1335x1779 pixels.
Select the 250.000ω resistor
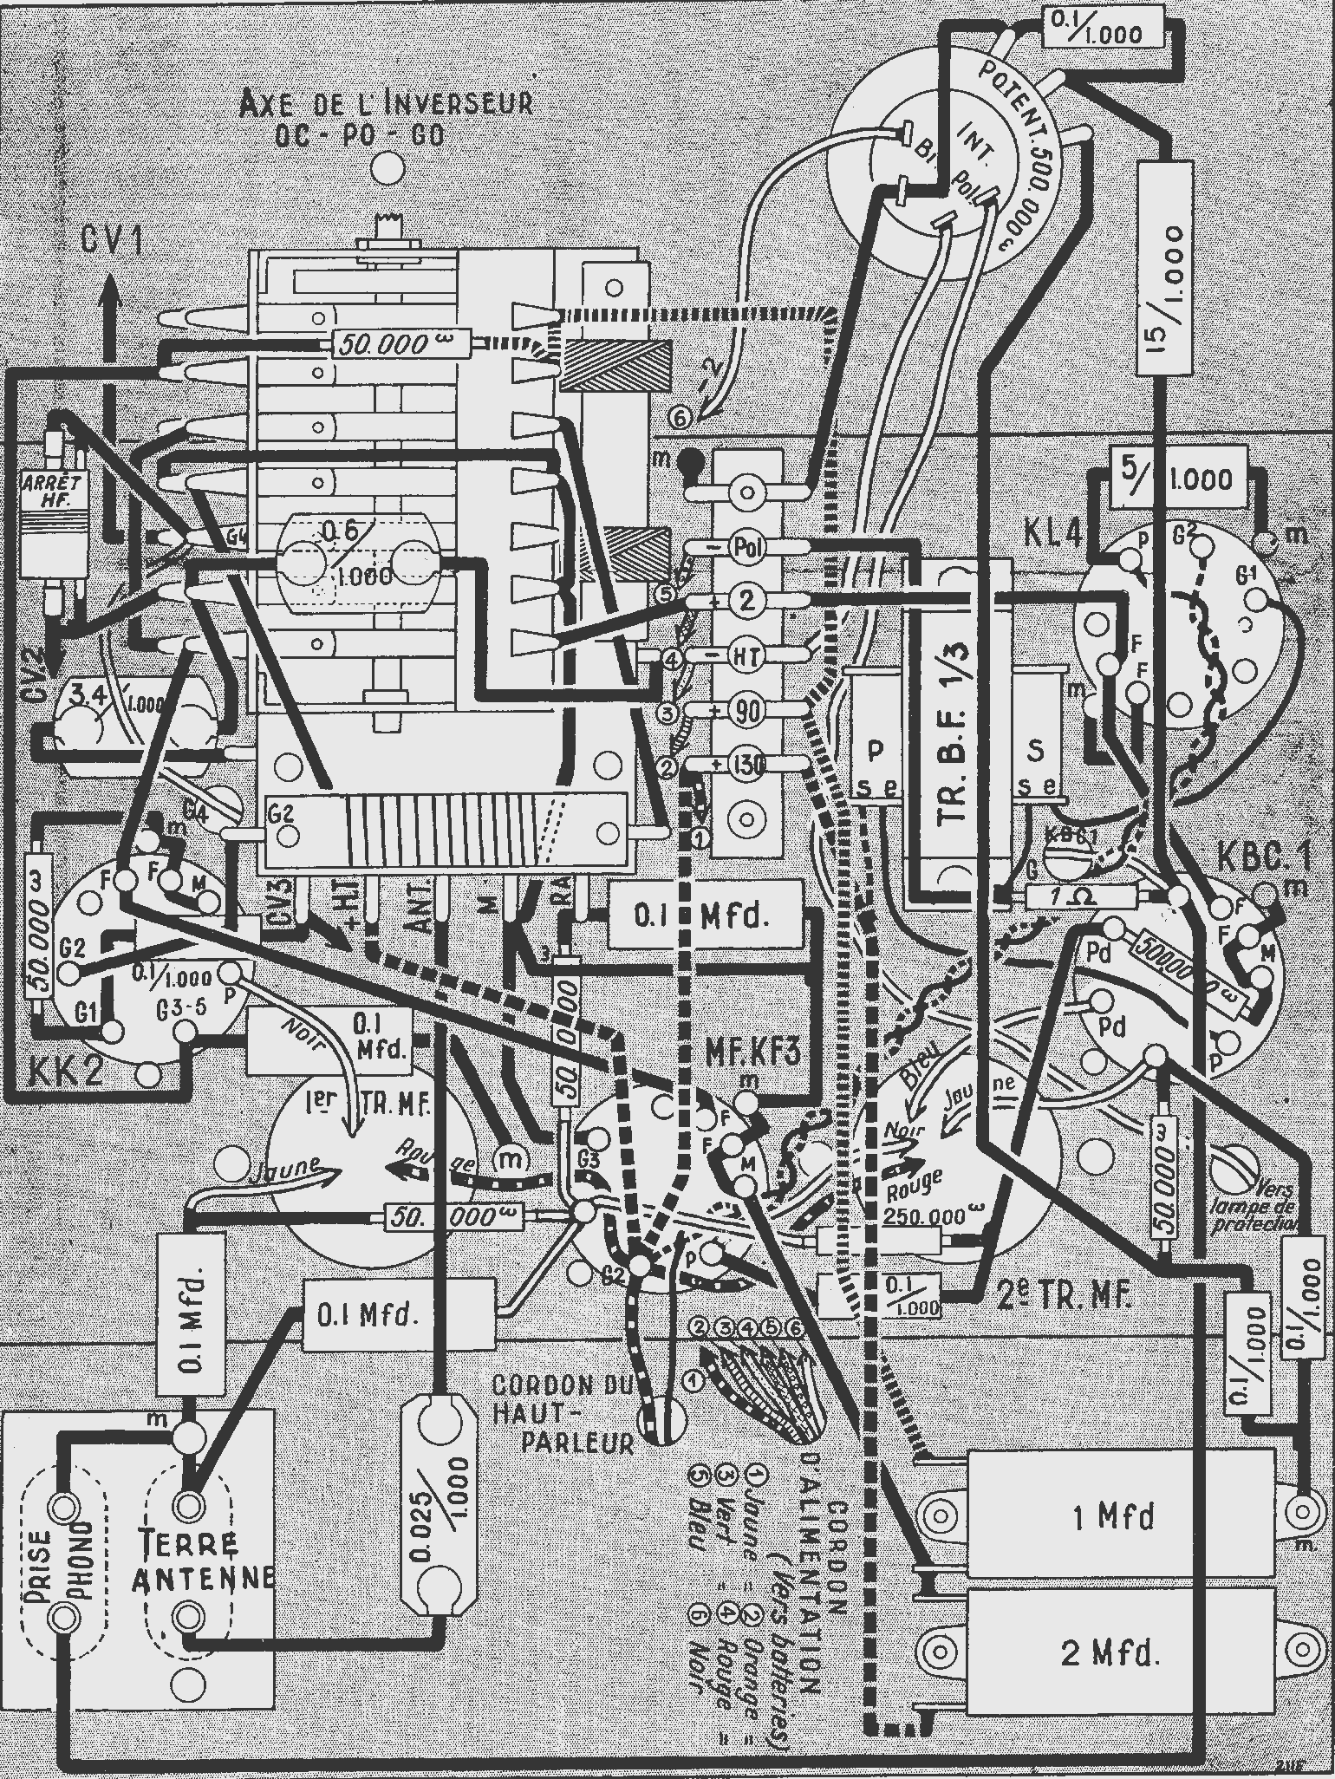[924, 1216]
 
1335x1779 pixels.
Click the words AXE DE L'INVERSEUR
[385, 104]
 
